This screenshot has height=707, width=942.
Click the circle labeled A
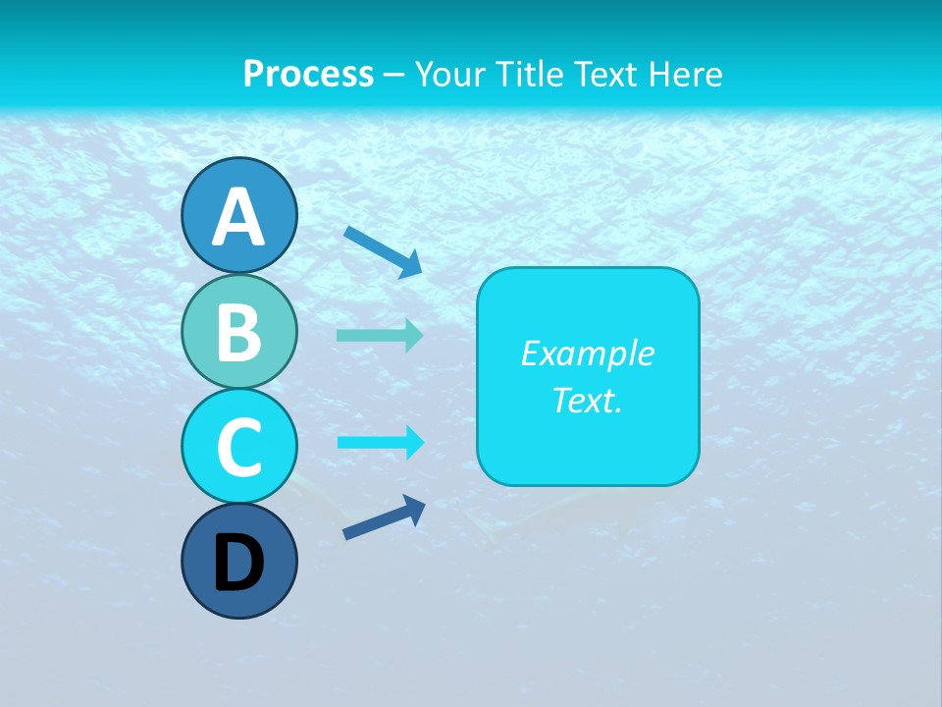coord(239,215)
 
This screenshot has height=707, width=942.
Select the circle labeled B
coord(239,331)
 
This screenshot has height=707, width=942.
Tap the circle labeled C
coord(239,446)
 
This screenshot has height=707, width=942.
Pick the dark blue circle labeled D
coord(239,561)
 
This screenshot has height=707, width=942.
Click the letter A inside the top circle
coord(239,217)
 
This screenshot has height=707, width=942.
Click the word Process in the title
coord(308,74)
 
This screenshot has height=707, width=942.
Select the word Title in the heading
coord(530,74)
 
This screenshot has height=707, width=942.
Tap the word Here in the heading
coord(687,74)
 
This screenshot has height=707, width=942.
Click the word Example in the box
coord(587,353)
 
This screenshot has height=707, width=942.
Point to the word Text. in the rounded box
coord(587,400)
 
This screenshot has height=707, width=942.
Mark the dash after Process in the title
coord(394,75)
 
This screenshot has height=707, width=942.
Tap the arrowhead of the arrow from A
coord(411,264)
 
